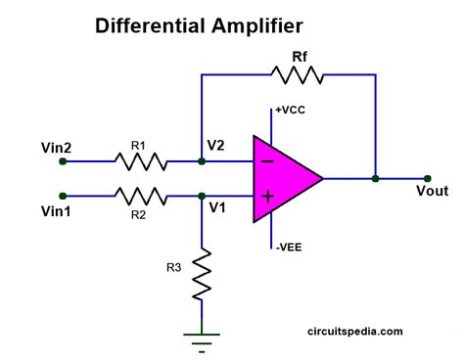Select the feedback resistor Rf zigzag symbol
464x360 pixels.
[290, 73]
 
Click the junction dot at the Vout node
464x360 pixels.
[375, 179]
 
